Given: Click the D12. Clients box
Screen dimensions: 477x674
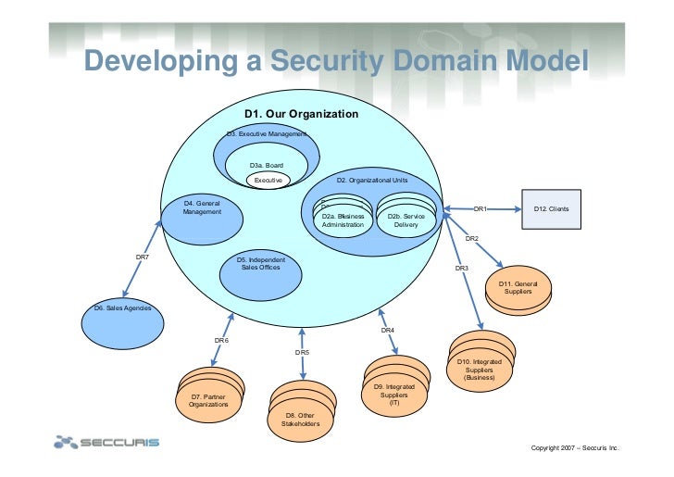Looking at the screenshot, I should pos(552,209).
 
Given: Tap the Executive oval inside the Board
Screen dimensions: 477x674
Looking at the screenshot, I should pos(268,180).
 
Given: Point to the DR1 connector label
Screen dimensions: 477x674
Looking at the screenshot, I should pos(480,209).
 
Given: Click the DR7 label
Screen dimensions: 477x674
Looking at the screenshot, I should pos(143,257).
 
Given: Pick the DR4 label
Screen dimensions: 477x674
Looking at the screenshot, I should pos(387,331).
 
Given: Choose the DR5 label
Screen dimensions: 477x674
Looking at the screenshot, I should pos(302,353).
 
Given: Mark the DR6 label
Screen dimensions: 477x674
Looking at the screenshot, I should pos(221,341).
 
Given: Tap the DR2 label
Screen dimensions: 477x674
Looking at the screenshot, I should pos(471,239).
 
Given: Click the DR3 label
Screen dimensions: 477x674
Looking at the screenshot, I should pos(461,269).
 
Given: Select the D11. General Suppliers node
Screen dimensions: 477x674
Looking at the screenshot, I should pos(518,288).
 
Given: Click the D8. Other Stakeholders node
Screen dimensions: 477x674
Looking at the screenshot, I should pos(300,419).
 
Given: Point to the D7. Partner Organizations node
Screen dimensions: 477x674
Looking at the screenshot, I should pos(207,400).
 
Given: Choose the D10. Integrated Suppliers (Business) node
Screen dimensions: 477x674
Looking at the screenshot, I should pos(480,368).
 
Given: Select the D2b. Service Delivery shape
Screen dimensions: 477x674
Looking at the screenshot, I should pos(406,219).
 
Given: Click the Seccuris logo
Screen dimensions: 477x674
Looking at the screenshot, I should pos(107,442).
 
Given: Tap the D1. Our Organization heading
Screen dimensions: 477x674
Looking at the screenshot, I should pos(301,114).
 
